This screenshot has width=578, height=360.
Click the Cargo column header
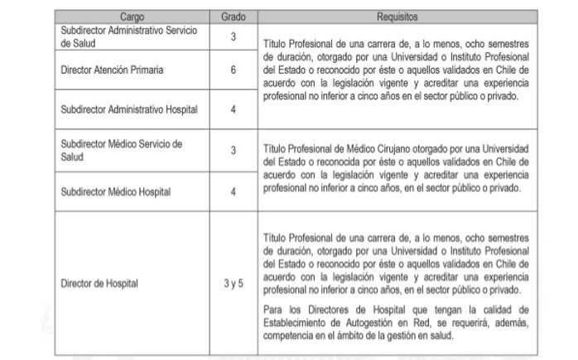pos(137,16)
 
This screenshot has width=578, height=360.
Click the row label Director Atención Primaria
pos(113,70)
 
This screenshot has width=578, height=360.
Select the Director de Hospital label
pos(100,283)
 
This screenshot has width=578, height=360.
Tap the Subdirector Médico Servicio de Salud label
pos(121,149)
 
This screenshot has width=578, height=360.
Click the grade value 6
pos(233,70)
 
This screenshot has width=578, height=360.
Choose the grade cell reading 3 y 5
pos(233,283)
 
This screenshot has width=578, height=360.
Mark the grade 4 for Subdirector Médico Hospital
pos(233,192)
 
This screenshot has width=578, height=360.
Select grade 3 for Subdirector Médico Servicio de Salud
pos(233,149)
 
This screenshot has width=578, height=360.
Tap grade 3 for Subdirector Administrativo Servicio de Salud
pos(233,36)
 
